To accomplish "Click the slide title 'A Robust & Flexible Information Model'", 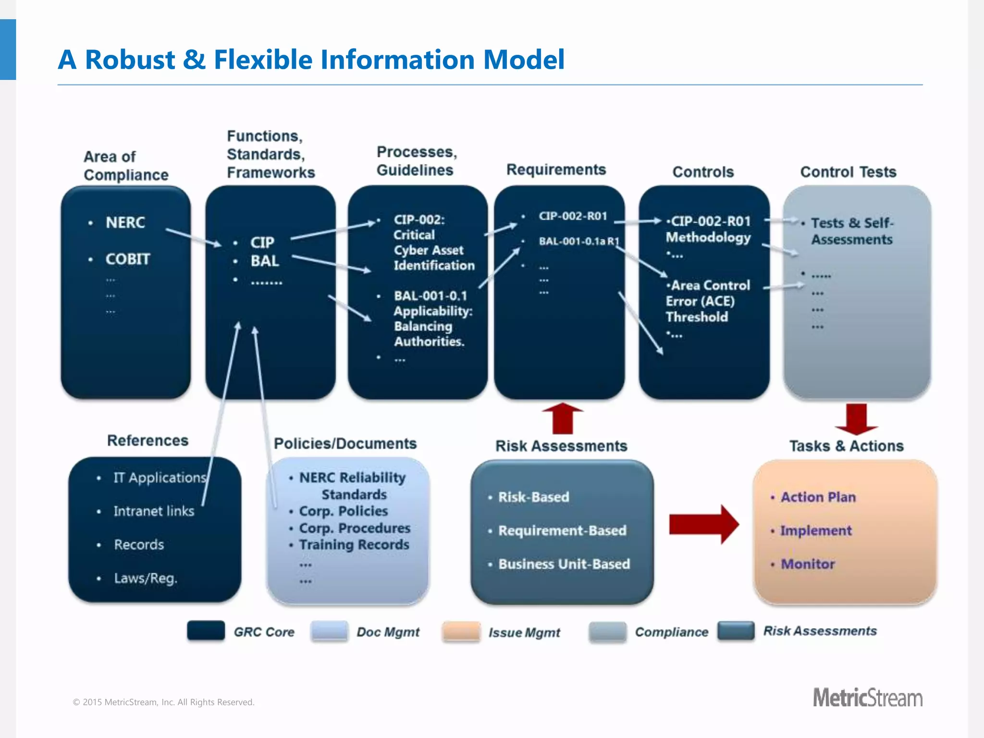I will (311, 60).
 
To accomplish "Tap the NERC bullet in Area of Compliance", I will (125, 222).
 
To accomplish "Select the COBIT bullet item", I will (127, 259).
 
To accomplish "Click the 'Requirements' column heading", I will (556, 170).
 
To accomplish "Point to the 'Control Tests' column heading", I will (848, 172).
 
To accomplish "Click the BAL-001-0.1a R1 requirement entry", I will (578, 241).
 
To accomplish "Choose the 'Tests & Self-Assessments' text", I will (852, 231).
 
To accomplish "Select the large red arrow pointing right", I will (703, 524).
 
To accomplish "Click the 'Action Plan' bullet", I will (818, 497).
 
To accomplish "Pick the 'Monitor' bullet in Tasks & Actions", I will (808, 564).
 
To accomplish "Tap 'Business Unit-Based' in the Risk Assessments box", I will (564, 564).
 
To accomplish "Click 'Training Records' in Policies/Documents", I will (354, 545).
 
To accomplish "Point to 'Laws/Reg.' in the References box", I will (146, 578).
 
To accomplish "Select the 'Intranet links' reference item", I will (154, 511).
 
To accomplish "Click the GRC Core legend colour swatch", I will (206, 630).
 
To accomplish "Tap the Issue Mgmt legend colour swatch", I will (461, 631).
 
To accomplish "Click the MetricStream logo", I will (867, 698).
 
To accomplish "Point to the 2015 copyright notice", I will (163, 702).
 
